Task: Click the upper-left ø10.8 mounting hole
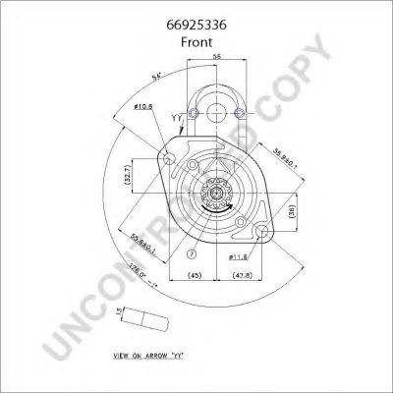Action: click(171, 158)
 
